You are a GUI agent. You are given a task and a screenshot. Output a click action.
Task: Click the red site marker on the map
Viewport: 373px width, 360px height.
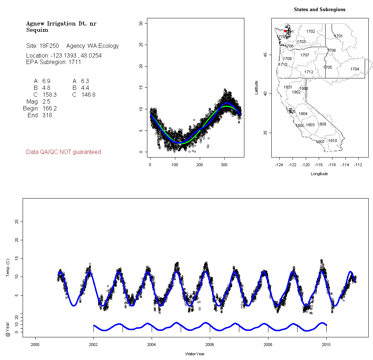pos(285,31)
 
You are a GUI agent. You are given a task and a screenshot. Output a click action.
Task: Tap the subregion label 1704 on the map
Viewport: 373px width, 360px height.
pos(355,69)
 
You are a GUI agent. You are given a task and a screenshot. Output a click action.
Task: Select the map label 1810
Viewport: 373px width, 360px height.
pos(333,141)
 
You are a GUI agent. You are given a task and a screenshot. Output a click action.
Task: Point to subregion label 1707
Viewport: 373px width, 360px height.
pos(305,55)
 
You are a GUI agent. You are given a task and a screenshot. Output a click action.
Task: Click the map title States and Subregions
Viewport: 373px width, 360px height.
pos(319,10)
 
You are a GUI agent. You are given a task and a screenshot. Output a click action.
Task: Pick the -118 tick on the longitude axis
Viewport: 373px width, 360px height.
pos(319,165)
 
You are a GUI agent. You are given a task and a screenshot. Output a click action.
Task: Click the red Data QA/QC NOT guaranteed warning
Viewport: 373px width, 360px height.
pos(64,152)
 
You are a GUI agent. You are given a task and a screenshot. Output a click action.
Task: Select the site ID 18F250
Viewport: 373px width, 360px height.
pos(49,46)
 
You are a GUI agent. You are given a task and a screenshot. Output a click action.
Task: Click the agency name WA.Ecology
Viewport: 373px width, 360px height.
pos(103,46)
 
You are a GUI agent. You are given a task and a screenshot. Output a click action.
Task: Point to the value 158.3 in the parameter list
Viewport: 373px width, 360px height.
pos(49,95)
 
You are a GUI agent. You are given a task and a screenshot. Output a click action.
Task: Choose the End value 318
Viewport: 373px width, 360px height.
pos(47,115)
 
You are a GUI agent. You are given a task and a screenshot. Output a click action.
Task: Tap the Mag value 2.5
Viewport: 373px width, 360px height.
pos(46,101)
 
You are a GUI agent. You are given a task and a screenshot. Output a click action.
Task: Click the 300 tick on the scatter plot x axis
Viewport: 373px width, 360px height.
pos(225,165)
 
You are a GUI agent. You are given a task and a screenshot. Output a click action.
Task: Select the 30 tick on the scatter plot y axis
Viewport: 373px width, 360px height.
pos(141,23)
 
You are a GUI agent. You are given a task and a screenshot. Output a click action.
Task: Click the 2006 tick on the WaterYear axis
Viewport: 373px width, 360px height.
pos(210,344)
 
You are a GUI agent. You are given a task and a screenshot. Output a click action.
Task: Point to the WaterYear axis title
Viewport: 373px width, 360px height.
pos(195,354)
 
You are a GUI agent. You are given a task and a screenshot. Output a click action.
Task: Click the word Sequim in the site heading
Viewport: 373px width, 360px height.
pos(37,30)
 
